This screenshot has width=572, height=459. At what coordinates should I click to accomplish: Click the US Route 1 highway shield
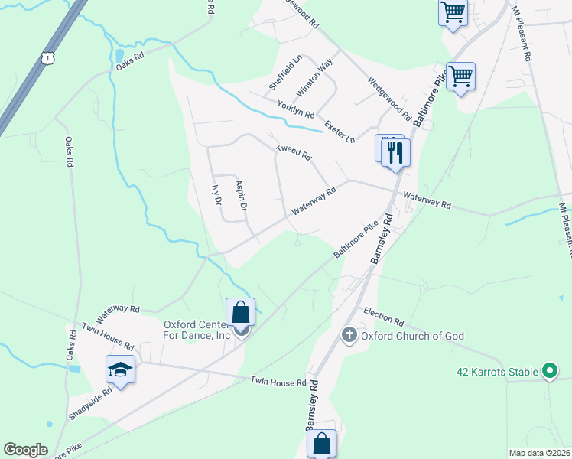coord(48,58)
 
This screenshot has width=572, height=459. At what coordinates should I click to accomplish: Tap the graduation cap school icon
coord(121,370)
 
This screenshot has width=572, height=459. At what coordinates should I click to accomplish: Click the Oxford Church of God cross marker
coord(349,335)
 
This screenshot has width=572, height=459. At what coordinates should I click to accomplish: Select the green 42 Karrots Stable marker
coord(548,372)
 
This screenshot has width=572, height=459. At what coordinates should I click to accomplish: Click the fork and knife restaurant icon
coord(395,152)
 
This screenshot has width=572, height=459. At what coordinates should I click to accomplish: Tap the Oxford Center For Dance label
coord(197,329)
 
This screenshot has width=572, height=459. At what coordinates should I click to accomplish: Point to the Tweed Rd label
coord(294,152)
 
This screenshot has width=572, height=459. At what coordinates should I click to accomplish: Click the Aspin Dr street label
coord(241,196)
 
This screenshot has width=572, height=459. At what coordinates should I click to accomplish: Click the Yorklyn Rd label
coord(296,109)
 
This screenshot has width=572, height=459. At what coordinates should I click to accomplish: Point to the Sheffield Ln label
coord(285,71)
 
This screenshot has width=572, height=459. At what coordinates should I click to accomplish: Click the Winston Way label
coord(314,76)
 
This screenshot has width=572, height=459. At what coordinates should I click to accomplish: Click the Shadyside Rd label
coord(90,402)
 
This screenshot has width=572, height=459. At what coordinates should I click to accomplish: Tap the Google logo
coord(25,450)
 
